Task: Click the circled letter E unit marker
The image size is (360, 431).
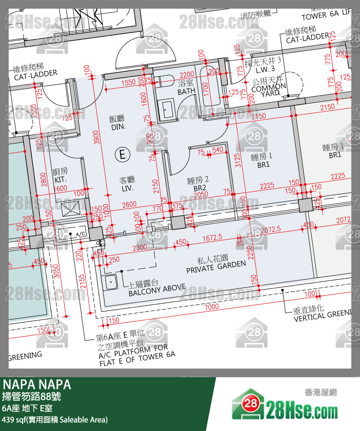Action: tap(122, 154)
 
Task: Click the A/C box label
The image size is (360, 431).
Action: tap(80, 234)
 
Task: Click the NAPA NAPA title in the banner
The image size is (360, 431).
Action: tap(37, 385)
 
